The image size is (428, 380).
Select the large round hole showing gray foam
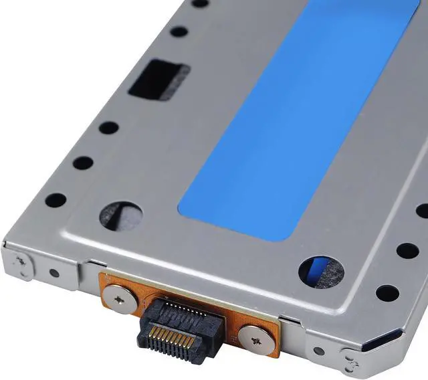[120, 216]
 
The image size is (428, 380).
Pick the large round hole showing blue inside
[321, 270]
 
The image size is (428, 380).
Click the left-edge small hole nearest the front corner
[56, 200]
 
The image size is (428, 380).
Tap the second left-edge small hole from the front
[83, 163]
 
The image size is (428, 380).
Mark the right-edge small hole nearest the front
[387, 293]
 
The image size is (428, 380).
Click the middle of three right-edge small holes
[407, 251]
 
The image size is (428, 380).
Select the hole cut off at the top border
[200, 3]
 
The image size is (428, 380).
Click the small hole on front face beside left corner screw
[54, 273]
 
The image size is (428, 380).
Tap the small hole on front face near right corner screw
[319, 351]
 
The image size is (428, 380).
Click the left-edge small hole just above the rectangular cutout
[179, 31]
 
